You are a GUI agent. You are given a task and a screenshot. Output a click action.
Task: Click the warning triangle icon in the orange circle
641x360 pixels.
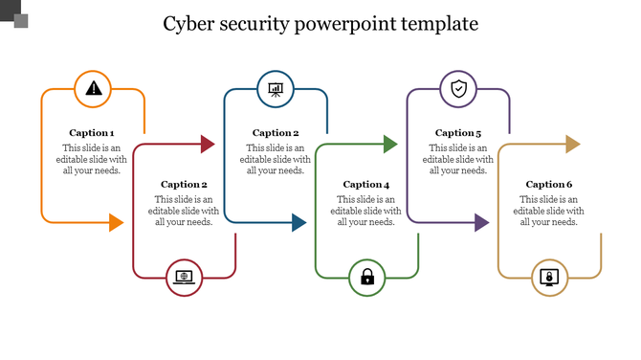pos(93,89)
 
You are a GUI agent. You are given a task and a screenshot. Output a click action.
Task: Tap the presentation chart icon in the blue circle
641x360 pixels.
pos(276,90)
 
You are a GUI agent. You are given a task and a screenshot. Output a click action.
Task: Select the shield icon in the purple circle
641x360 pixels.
pos(458,90)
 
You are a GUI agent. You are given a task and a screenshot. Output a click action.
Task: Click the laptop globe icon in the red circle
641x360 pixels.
pos(184,278)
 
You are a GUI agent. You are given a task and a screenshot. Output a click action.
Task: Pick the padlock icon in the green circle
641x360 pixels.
pos(366,278)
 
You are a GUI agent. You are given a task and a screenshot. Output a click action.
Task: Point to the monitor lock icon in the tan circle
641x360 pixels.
pos(549,278)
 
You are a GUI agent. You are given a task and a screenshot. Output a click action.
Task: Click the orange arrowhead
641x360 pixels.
pos(116,223)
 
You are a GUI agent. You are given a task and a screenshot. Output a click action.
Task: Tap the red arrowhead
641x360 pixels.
pos(207,145)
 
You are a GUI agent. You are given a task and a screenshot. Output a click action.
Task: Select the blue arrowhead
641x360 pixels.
pos(298,223)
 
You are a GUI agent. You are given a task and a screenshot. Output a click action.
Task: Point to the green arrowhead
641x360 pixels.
pos(389,145)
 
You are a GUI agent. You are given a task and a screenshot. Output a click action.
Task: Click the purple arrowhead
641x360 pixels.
pos(481,223)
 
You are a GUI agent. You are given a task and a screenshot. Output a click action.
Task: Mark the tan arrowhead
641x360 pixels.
pos(572,145)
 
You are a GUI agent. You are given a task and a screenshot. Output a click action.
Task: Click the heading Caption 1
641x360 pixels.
pos(93,133)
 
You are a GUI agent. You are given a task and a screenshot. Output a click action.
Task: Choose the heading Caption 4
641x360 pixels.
pos(366,184)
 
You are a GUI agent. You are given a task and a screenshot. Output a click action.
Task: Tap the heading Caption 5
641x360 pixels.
pos(458,133)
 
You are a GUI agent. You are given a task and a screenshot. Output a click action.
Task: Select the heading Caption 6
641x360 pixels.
pos(549,184)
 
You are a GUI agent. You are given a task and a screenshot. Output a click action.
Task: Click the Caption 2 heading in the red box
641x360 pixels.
pos(184,184)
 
